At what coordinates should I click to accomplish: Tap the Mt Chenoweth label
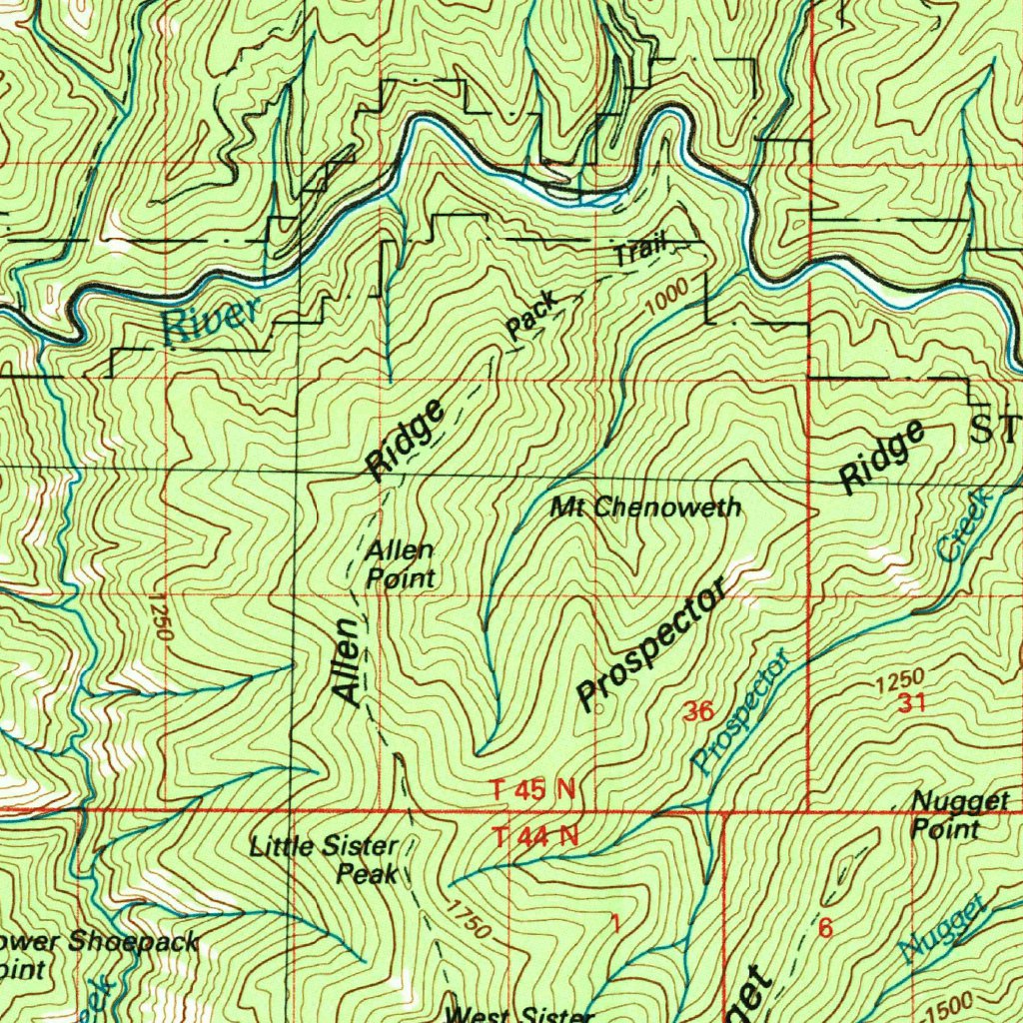tap(646, 508)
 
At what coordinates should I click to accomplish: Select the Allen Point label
tap(400, 564)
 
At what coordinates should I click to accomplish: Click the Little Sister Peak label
tap(326, 860)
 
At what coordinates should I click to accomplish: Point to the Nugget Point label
tap(945, 814)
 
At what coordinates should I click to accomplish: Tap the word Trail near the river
tap(638, 249)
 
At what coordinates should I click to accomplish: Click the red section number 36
tap(698, 712)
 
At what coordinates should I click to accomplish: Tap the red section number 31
tap(911, 703)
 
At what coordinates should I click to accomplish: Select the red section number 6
tap(825, 928)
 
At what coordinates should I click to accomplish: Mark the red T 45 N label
tap(533, 790)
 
